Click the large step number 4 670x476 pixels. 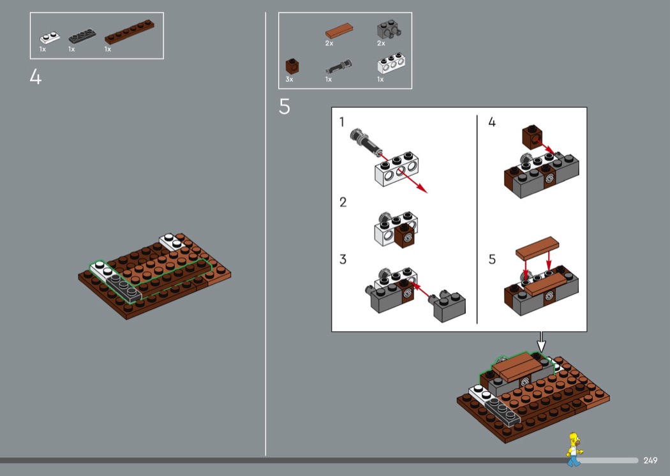pyautogui.click(x=36, y=77)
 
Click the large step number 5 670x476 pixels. pyautogui.click(x=285, y=107)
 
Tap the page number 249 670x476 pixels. pyautogui.click(x=650, y=460)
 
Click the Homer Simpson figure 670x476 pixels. pyautogui.click(x=574, y=449)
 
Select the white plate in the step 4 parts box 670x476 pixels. pyautogui.click(x=50, y=38)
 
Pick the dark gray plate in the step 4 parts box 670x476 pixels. pyautogui.click(x=82, y=36)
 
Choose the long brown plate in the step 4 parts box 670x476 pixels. pyautogui.click(x=130, y=32)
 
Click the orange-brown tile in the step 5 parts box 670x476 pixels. pyautogui.click(x=339, y=31)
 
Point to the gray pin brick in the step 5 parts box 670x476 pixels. pyautogui.click(x=389, y=29)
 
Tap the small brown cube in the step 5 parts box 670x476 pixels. pyautogui.click(x=292, y=66)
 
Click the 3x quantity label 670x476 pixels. pyautogui.click(x=289, y=80)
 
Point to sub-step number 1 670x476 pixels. pyautogui.click(x=342, y=123)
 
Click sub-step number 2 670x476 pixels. pyautogui.click(x=343, y=202)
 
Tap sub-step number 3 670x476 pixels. pyautogui.click(x=343, y=259)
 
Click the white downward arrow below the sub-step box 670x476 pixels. pyautogui.click(x=541, y=342)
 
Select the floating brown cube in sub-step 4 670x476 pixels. pyautogui.click(x=532, y=137)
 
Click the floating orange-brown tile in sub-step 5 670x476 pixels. pyautogui.click(x=537, y=248)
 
